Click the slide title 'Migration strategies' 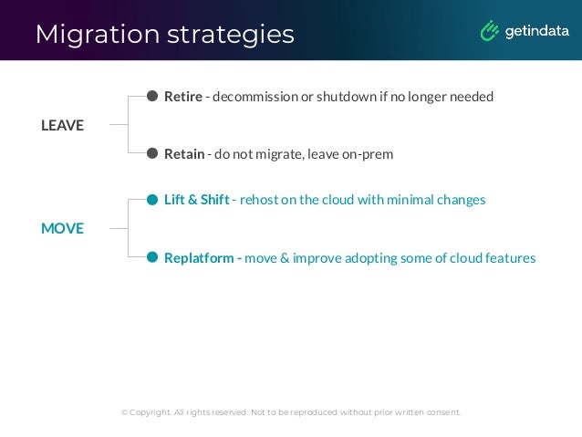coord(164,34)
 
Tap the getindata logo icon coord(489,31)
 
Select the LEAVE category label coord(62,126)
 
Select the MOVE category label coord(62,228)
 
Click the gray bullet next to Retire coord(152,96)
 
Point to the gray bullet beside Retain coord(152,154)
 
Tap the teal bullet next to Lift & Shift coord(152,200)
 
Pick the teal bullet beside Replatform coord(152,258)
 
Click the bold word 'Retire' coord(183,96)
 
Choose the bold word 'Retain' coord(184,154)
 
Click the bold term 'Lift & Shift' coord(196,200)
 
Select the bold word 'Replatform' coord(199,258)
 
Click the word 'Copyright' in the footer coord(150,412)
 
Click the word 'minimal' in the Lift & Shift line coord(407,200)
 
